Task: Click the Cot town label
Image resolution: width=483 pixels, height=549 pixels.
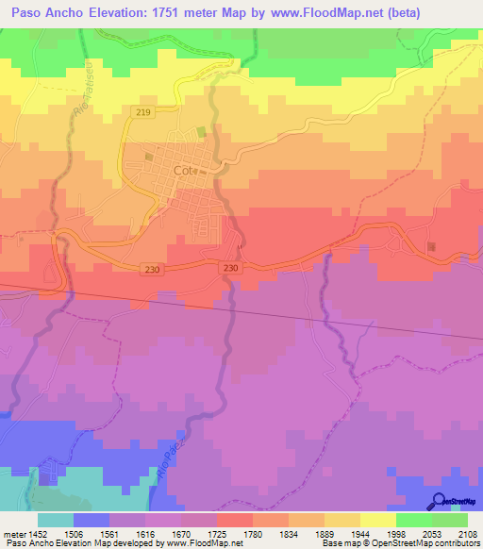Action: click(x=183, y=171)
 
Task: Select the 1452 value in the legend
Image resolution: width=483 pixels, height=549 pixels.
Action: click(x=37, y=533)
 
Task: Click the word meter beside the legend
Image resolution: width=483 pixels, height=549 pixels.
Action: click(x=13, y=533)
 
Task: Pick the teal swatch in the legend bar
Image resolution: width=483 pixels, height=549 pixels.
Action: click(x=55, y=520)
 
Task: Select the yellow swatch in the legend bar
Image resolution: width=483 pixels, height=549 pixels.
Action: click(x=377, y=520)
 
